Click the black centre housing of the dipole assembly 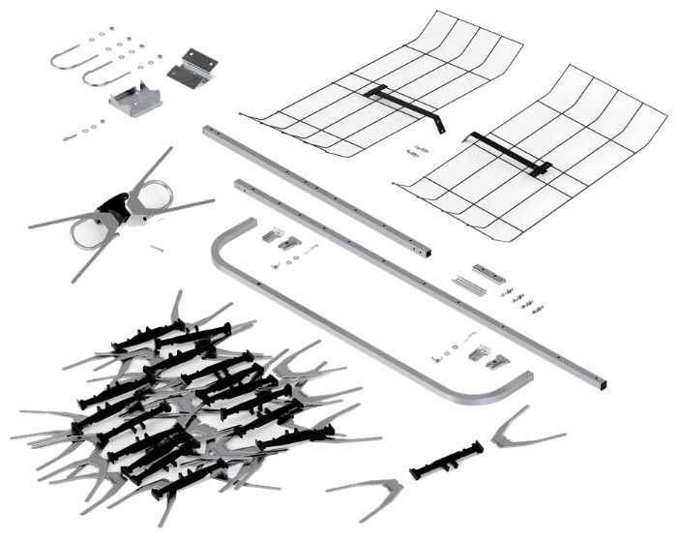(x=116, y=206)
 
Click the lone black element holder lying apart (x=446, y=459)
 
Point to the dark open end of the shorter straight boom (x=426, y=253)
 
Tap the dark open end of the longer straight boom (x=603, y=383)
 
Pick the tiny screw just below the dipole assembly (x=156, y=249)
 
